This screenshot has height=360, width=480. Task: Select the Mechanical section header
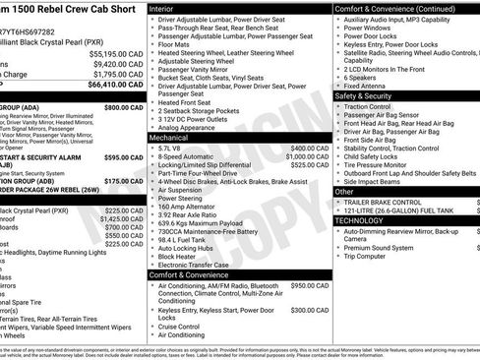coord(173,138)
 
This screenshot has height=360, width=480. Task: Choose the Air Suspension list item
coord(185,191)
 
